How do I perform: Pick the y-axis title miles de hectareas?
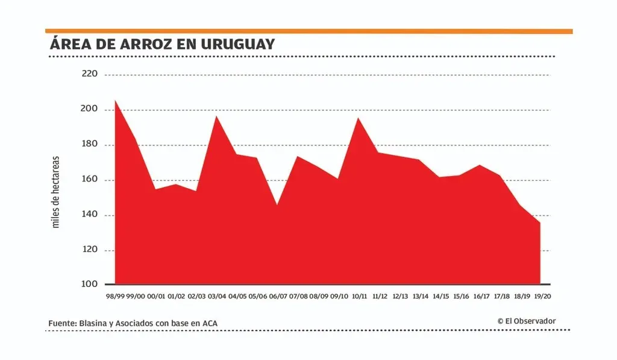[56, 192]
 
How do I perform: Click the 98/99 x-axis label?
[115, 297]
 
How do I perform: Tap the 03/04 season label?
[216, 297]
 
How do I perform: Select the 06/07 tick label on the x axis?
[278, 297]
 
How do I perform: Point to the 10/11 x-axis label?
[359, 297]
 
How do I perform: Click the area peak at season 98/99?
[115, 101]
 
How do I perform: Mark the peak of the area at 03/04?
[216, 116]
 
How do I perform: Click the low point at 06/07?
[277, 205]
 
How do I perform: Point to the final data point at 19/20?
[540, 223]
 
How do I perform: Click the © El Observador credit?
[527, 321]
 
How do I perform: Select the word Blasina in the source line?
[94, 324]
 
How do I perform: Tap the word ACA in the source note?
[209, 324]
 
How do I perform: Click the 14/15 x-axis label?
[441, 297]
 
